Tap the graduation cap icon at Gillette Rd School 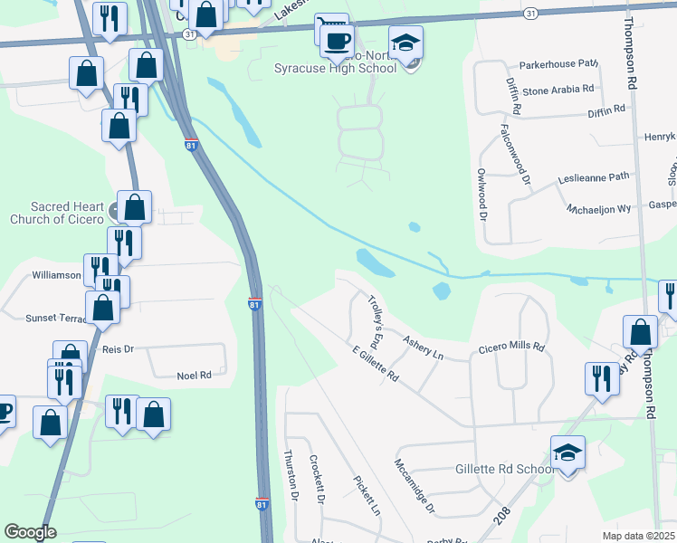[x=567, y=452]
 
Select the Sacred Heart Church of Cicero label [x=58, y=213]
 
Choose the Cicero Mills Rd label [x=511, y=347]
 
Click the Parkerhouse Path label [x=559, y=64]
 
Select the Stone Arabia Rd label [x=558, y=90]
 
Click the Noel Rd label [x=194, y=375]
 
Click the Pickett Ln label [x=366, y=495]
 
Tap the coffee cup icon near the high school [x=337, y=41]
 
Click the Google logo [x=30, y=532]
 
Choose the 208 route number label [x=504, y=515]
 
